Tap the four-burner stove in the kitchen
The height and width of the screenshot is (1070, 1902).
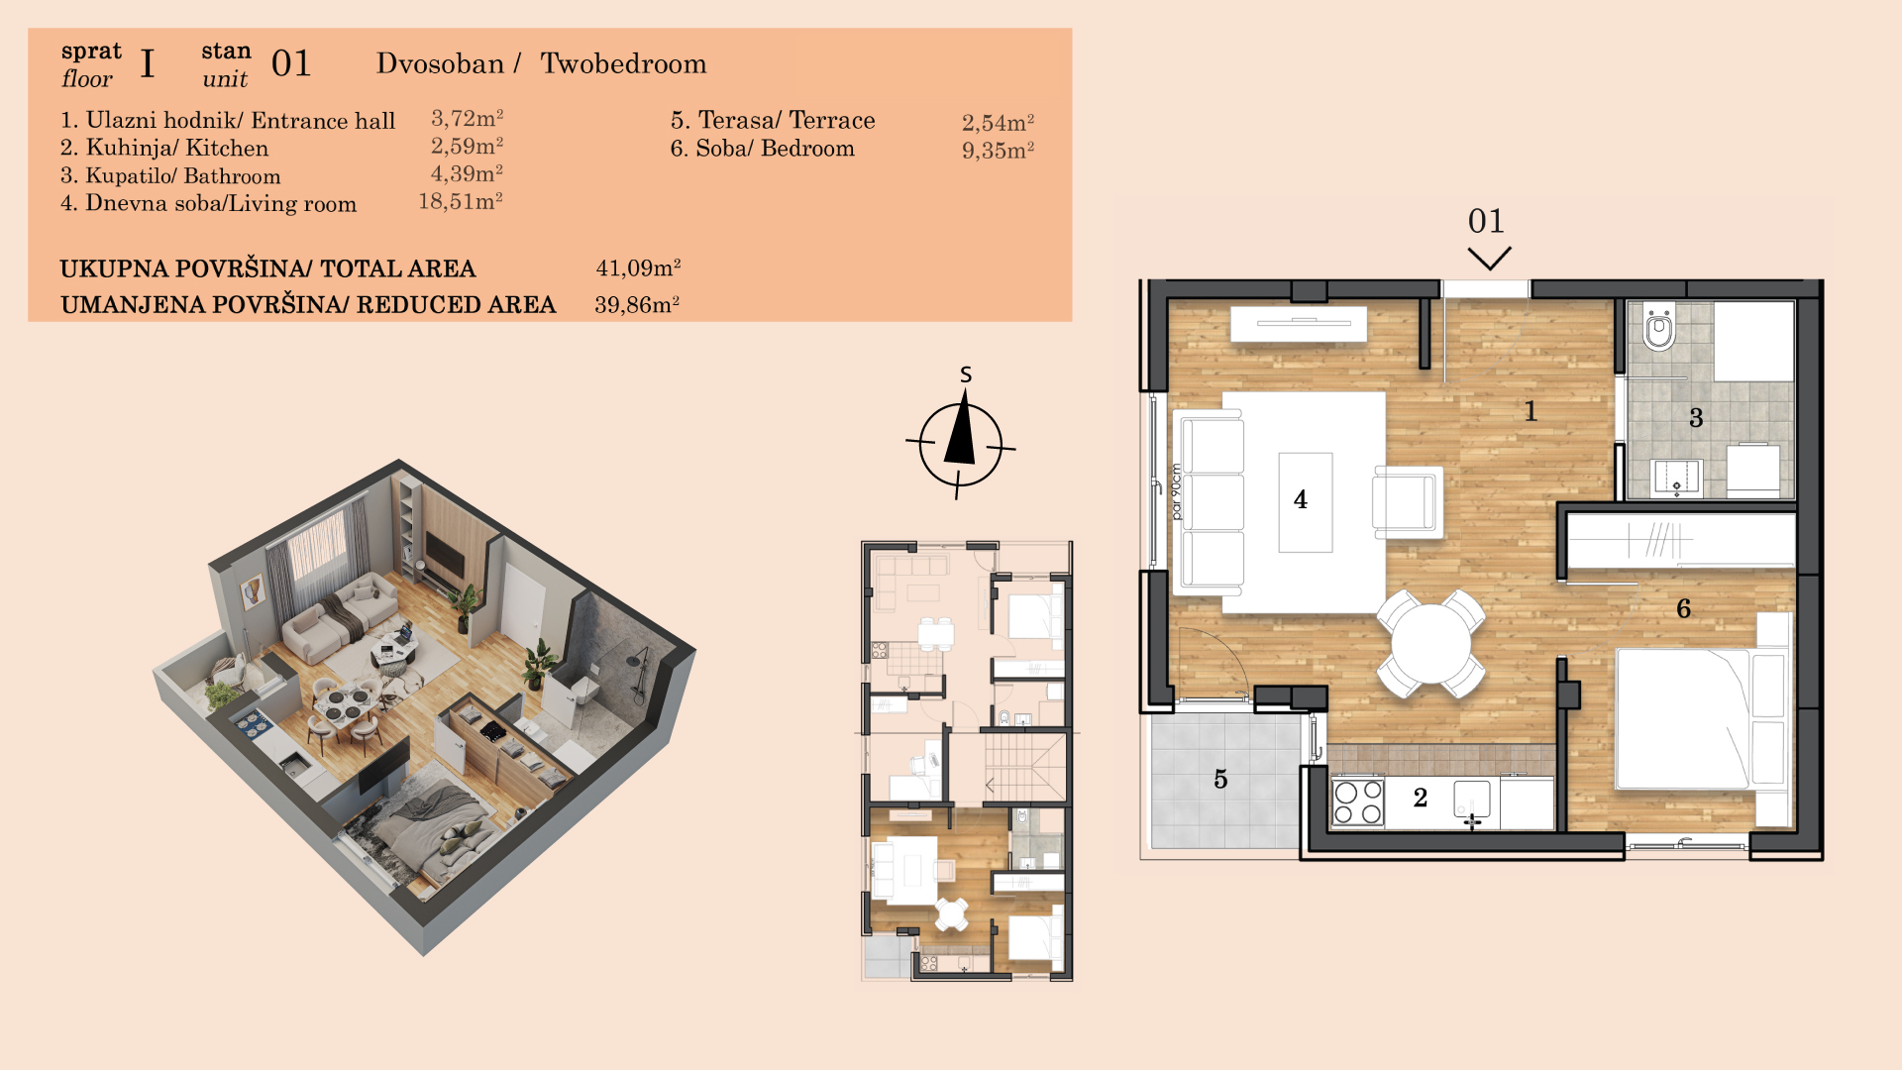[1357, 802]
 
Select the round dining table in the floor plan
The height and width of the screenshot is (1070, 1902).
[1430, 643]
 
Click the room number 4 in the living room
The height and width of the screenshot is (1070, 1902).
[1300, 499]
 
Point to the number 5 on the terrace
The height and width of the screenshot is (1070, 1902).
[1220, 780]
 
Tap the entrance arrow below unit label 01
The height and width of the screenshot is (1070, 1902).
[1489, 259]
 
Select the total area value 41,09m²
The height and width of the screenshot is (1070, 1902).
[638, 267]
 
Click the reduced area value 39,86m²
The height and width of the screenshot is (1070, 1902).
[637, 304]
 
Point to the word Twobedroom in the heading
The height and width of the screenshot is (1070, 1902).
[623, 63]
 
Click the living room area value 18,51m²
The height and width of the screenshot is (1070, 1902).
[461, 201]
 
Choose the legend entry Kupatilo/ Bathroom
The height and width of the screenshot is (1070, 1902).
[170, 175]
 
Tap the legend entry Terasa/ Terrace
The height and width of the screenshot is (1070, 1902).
[773, 120]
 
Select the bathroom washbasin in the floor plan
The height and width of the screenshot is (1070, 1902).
[1676, 477]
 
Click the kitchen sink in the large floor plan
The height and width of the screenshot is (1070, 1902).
[1472, 800]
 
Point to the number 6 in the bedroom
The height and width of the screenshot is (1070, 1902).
[1683, 608]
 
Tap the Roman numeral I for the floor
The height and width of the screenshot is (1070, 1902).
[148, 63]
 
